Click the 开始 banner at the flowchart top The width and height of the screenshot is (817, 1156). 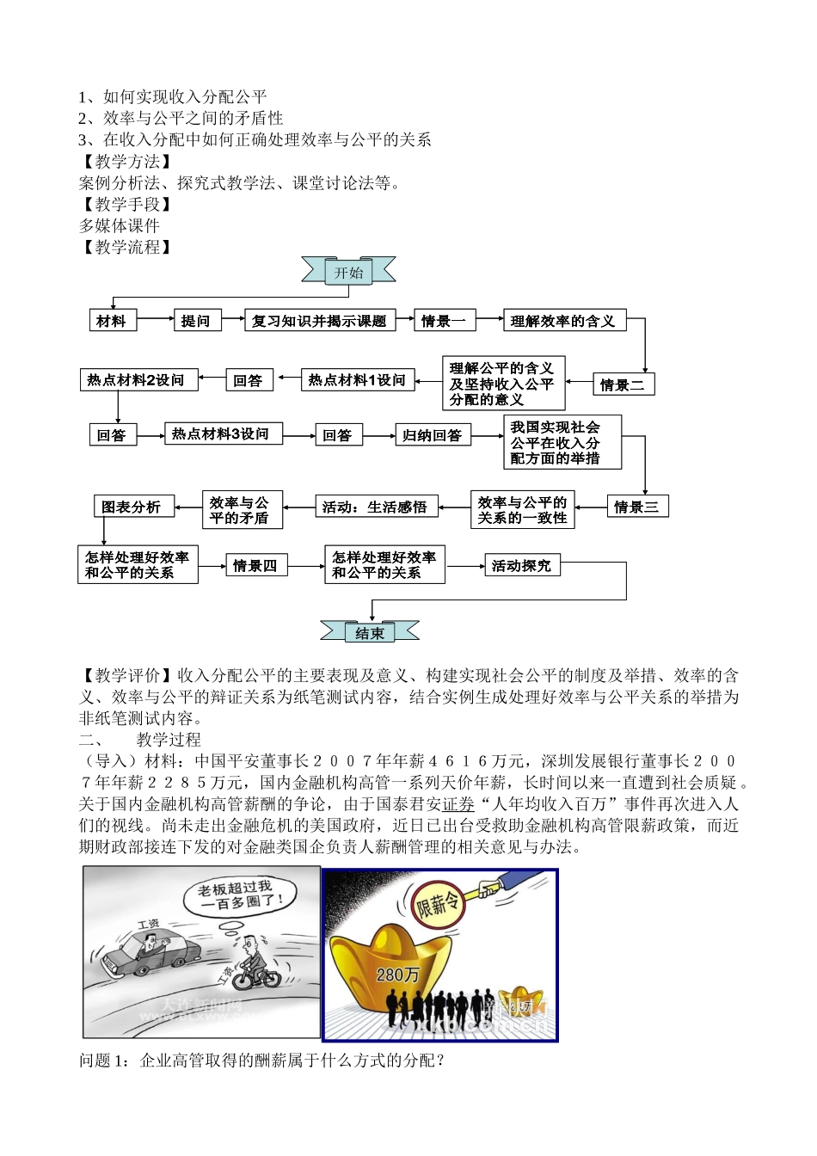[348, 273]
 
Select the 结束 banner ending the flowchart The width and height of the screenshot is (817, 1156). [370, 633]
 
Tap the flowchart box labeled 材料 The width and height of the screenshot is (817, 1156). [111, 321]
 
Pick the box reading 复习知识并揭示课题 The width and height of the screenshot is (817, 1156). [319, 321]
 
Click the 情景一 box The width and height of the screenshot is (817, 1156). [444, 321]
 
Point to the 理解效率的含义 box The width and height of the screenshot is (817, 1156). [563, 321]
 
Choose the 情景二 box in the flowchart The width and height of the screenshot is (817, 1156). [623, 384]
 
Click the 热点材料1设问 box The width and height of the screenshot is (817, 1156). [357, 380]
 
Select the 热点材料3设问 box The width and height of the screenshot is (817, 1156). [221, 434]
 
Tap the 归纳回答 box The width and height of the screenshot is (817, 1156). [432, 435]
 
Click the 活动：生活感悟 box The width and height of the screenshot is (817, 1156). [375, 507]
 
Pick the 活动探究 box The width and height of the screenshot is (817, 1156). [521, 565]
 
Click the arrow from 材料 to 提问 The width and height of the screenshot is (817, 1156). [155, 320]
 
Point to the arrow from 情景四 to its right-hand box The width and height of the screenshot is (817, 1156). [305, 566]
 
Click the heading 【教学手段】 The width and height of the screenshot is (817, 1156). [126, 204]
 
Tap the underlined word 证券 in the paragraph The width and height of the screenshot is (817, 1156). [458, 804]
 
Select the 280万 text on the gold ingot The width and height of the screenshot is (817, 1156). [397, 975]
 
